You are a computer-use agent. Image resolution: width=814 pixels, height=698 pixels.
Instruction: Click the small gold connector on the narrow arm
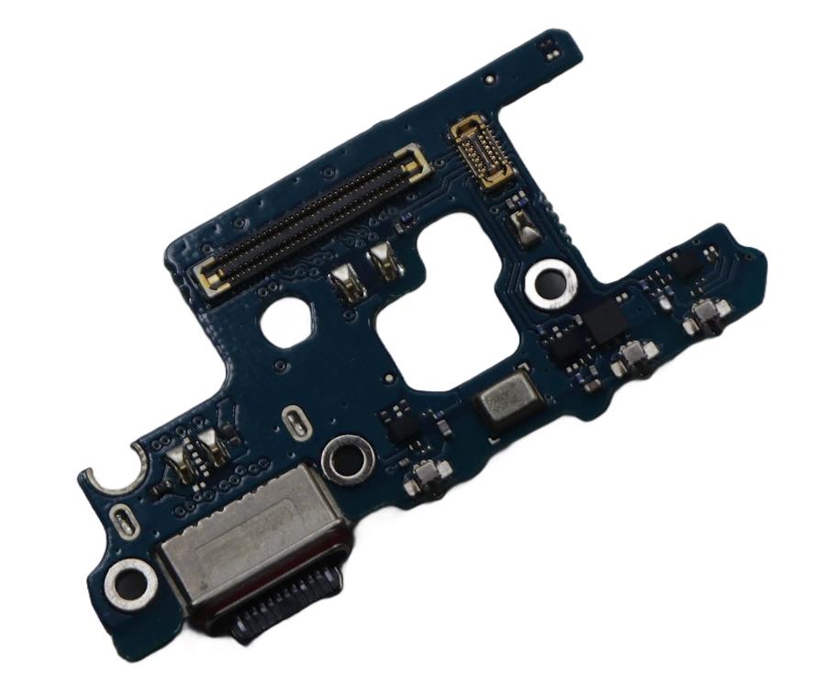point(481,152)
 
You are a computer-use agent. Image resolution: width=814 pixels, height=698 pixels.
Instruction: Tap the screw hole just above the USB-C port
point(346,458)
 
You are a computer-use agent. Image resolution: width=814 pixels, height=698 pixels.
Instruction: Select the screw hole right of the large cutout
point(550,283)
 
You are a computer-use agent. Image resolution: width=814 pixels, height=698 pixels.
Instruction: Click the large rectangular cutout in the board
point(439,298)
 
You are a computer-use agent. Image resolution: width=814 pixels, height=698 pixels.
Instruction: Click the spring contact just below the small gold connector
point(523,226)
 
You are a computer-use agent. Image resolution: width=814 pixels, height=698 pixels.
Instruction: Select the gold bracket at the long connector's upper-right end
point(414,162)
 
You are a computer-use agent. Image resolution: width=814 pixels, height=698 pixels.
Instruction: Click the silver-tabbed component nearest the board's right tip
point(706,318)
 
